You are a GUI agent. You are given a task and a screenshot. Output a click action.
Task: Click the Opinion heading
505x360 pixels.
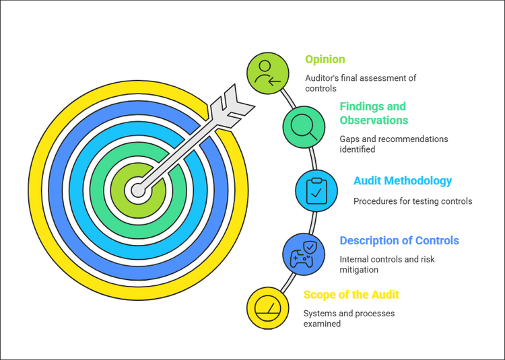[325, 59]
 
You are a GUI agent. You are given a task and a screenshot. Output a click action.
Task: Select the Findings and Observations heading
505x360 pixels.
[374, 113]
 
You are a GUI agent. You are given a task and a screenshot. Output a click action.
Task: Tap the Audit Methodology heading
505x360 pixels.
[403, 181]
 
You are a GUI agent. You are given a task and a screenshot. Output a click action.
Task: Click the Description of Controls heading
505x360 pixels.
[399, 240]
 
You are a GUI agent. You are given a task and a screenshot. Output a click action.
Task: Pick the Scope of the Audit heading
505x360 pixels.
[351, 295]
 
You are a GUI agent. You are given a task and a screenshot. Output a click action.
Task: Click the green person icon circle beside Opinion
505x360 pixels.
[267, 73]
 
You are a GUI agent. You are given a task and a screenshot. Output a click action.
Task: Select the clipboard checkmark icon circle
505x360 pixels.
[316, 190]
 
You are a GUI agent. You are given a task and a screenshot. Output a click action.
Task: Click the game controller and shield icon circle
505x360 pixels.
[303, 254]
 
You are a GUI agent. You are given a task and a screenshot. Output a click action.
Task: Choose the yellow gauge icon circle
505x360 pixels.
[268, 308]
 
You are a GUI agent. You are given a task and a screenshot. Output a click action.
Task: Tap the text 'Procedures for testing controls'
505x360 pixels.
[413, 201]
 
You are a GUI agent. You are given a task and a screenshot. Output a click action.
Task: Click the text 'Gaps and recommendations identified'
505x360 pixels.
[393, 144]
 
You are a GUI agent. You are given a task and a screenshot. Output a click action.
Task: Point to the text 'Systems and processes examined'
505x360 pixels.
[349, 318]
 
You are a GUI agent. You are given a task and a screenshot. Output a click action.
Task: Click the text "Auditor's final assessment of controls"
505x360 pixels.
[360, 83]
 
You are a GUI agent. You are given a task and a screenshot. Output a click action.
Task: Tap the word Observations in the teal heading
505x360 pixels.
[374, 120]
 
